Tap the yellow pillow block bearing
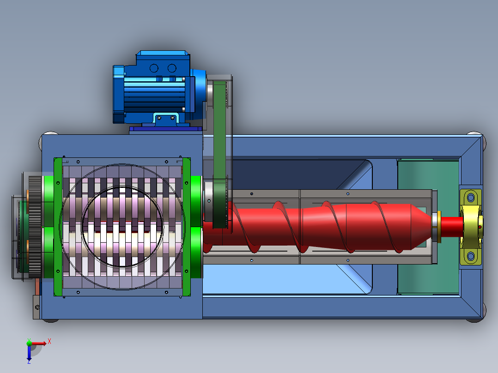(471, 227)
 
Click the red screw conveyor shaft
(318, 227)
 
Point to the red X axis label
(49, 342)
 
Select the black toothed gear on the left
(35, 227)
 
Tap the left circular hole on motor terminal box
(154, 68)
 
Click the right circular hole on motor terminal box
(172, 68)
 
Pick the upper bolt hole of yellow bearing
(471, 198)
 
